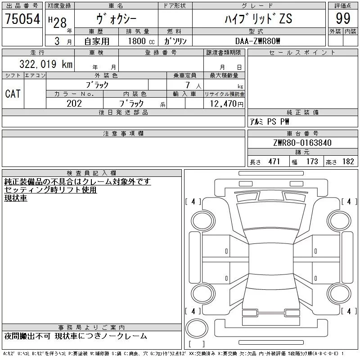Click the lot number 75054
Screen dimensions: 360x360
tap(22, 19)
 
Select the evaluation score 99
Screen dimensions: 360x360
tap(343, 19)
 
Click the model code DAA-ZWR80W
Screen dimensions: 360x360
tap(258, 41)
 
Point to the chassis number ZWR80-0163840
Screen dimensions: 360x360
tap(302, 143)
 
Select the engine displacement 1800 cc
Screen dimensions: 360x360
tap(137, 41)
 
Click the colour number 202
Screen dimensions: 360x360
tap(74, 103)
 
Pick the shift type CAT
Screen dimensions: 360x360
tap(13, 94)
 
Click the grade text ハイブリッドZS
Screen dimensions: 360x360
tap(258, 18)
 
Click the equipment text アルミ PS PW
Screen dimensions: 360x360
tap(270, 121)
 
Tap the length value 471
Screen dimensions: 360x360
tap(272, 162)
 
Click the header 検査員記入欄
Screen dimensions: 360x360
tap(92, 173)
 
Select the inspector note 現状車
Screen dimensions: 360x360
tap(16, 198)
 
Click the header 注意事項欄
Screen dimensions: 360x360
tap(123, 134)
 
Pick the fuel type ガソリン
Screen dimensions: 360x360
tap(175, 41)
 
